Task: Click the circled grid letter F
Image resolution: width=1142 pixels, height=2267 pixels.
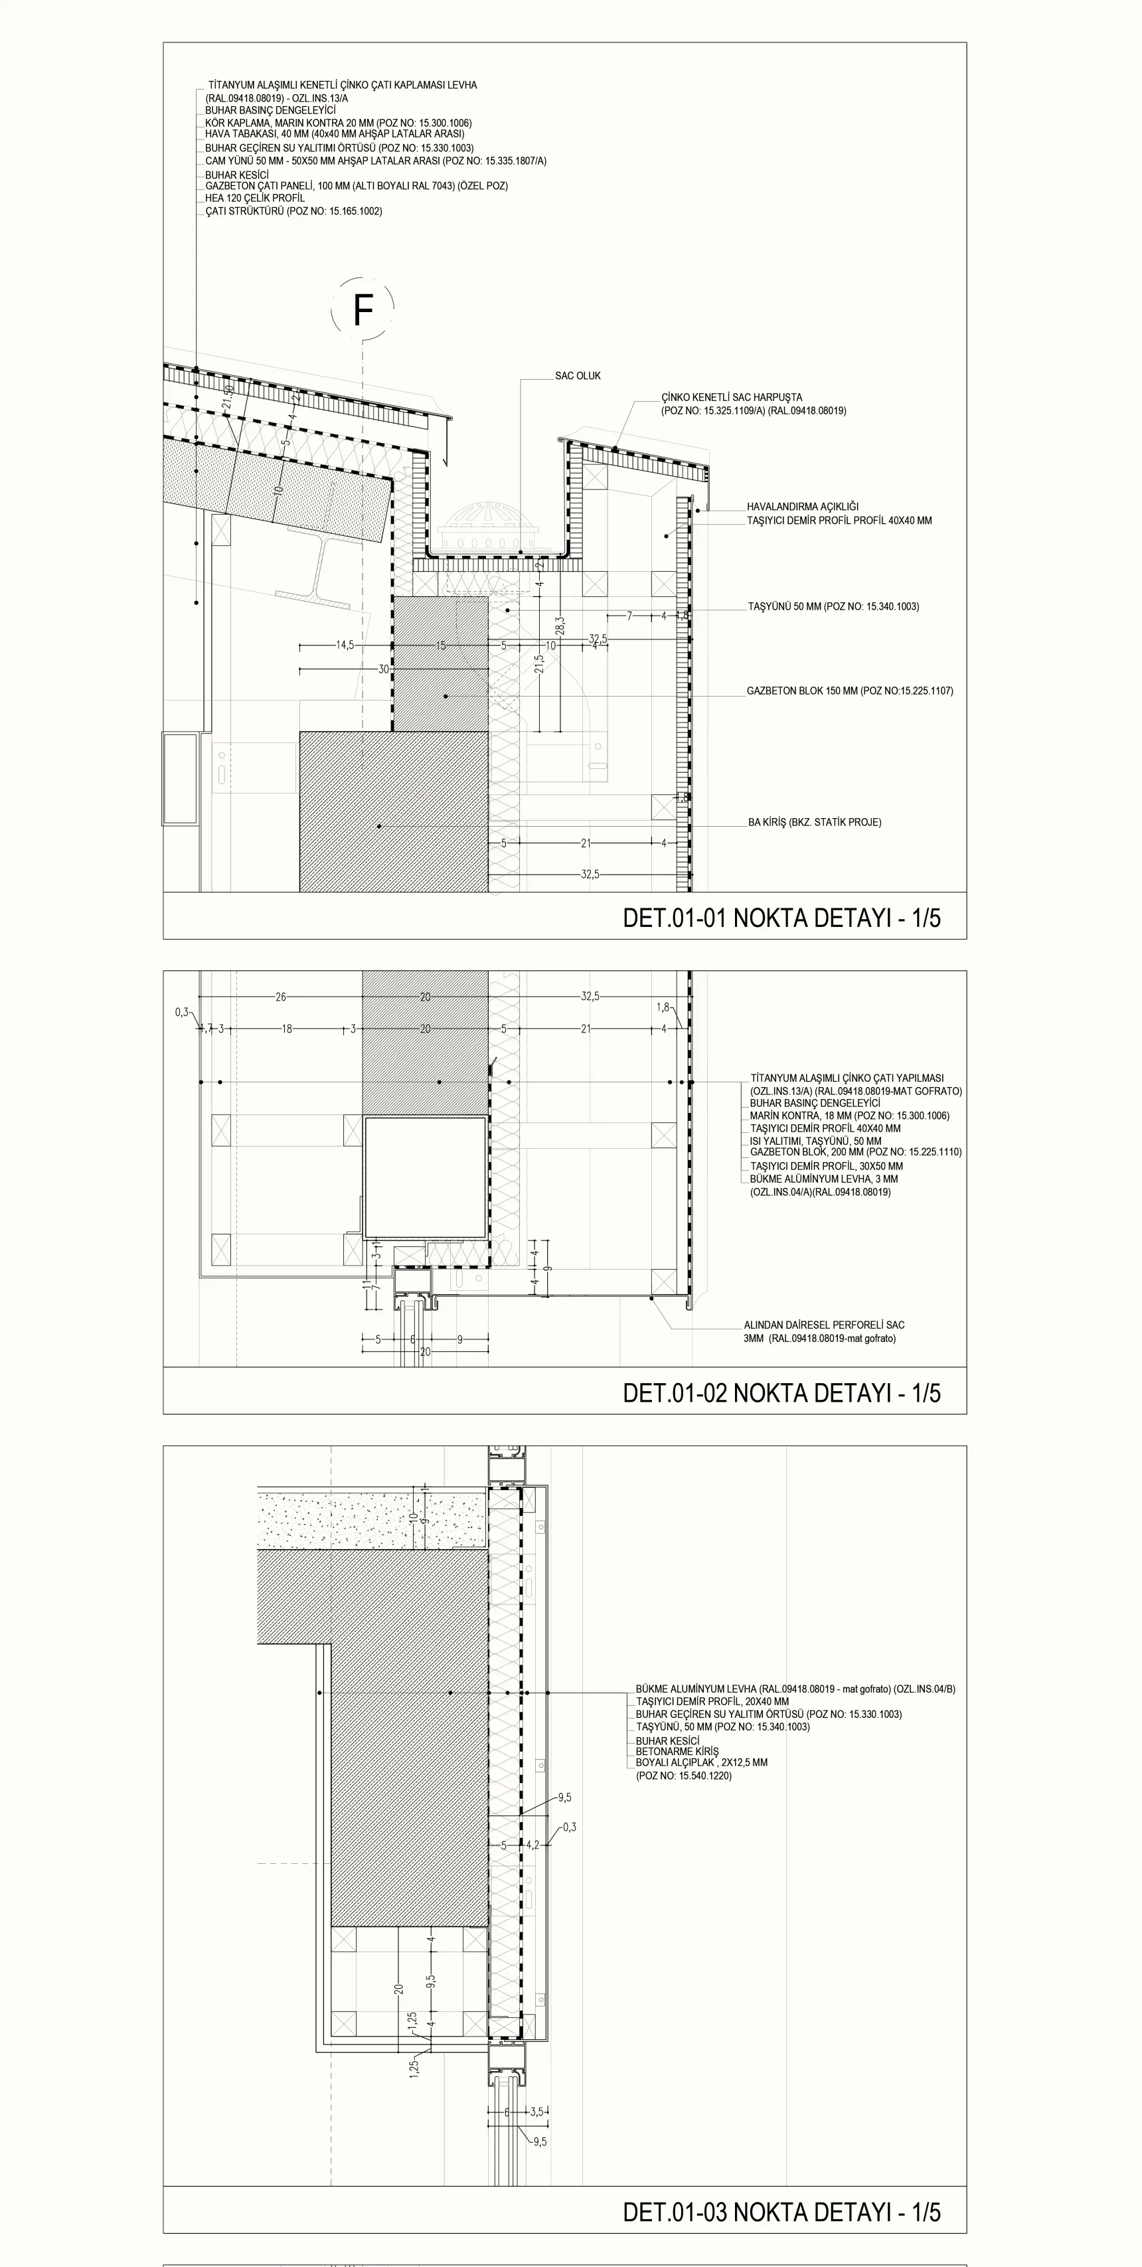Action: [363, 310]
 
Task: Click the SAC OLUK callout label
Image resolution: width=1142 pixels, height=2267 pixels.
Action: [578, 376]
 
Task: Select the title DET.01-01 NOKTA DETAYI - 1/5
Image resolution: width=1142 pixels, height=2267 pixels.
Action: [781, 918]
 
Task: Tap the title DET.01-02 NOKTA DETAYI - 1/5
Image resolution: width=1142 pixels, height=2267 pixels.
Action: [781, 1393]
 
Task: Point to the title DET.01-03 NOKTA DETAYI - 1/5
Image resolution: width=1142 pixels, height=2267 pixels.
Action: [781, 2212]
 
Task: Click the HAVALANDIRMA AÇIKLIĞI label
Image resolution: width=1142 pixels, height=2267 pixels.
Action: [803, 507]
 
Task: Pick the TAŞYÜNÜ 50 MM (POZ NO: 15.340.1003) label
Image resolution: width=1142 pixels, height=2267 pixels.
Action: [833, 606]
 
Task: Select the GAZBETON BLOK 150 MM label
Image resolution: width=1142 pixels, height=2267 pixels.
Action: [850, 691]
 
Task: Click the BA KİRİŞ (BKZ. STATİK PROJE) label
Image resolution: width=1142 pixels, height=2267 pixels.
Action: [815, 822]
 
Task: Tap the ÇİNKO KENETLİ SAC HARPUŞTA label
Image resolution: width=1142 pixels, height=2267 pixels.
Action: [732, 398]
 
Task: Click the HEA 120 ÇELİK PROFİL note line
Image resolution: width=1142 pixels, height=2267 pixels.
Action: [255, 198]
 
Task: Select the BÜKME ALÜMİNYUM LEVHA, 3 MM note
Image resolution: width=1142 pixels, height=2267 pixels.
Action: [823, 1179]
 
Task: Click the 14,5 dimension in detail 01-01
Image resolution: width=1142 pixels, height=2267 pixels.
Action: [345, 645]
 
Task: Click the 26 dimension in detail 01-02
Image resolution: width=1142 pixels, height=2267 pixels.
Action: [281, 997]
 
